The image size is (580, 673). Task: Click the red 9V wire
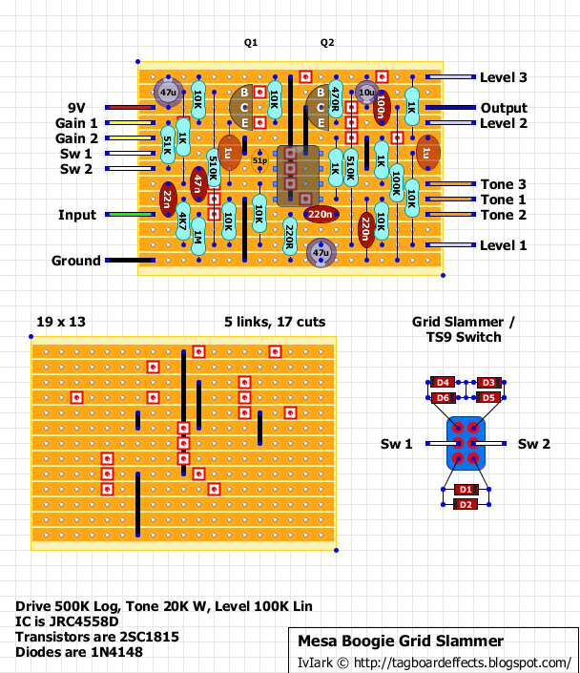click(x=130, y=107)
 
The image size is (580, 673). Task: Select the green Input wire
click(x=130, y=214)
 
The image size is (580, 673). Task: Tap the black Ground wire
click(x=130, y=260)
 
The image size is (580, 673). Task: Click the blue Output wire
click(x=450, y=107)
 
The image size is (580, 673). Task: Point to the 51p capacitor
click(x=259, y=160)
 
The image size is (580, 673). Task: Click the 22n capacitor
click(x=168, y=200)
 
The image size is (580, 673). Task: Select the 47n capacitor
click(x=198, y=184)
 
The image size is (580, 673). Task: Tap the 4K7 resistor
click(x=183, y=221)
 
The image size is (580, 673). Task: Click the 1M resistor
click(x=198, y=237)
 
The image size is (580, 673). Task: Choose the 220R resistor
click(x=290, y=237)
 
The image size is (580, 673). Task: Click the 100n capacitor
click(x=382, y=108)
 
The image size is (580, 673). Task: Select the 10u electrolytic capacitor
click(x=366, y=93)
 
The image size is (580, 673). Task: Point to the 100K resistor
click(x=397, y=183)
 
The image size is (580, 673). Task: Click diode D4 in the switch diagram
click(x=443, y=383)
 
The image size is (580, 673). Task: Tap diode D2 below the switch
click(x=466, y=504)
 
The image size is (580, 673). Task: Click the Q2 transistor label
click(x=327, y=43)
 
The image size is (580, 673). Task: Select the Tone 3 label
click(x=504, y=184)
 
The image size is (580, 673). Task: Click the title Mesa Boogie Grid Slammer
click(x=401, y=641)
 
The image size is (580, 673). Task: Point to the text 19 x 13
click(x=61, y=322)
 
